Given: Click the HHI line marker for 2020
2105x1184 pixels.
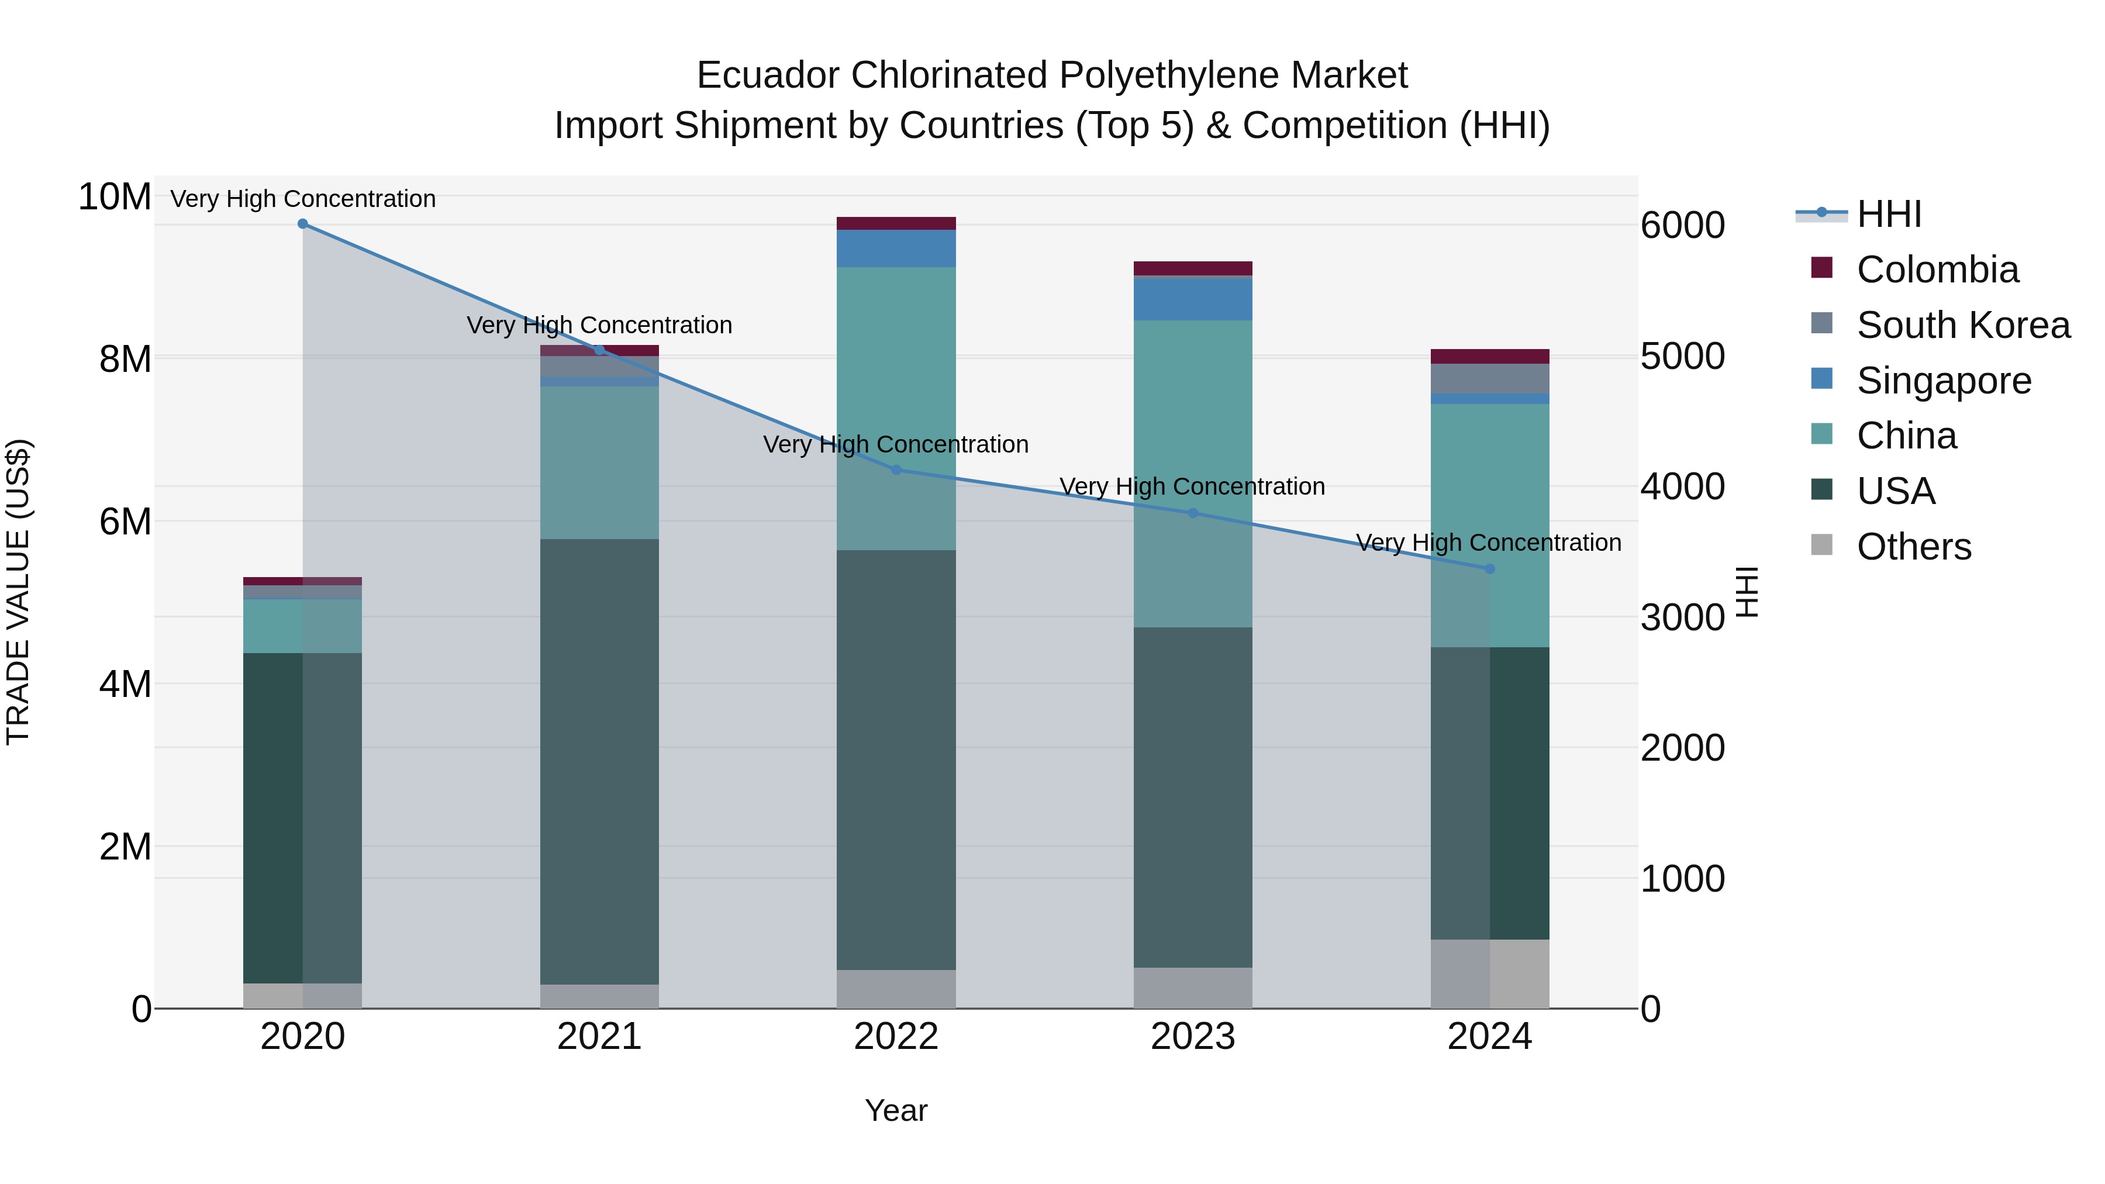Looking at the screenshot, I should tap(302, 224).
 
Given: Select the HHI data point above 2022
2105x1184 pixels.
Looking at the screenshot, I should tap(896, 470).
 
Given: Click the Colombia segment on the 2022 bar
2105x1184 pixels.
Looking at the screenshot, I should tap(896, 223).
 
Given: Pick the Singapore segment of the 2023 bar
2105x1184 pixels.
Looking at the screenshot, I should tap(1192, 299).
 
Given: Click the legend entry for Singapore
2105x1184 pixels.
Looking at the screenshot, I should tap(1943, 381).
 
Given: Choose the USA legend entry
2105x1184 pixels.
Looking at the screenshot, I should tap(1895, 491).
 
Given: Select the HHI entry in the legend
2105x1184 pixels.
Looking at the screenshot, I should tap(1889, 214).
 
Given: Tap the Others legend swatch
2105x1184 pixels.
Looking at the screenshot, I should tap(1821, 545).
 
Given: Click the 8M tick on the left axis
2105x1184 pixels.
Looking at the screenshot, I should tap(125, 360).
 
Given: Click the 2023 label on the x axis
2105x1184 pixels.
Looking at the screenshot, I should tap(1192, 1037).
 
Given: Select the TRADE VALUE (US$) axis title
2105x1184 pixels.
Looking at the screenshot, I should tap(19, 592).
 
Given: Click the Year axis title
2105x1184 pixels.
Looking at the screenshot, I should tap(896, 1110).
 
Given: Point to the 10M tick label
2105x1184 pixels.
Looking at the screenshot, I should tap(115, 197).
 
